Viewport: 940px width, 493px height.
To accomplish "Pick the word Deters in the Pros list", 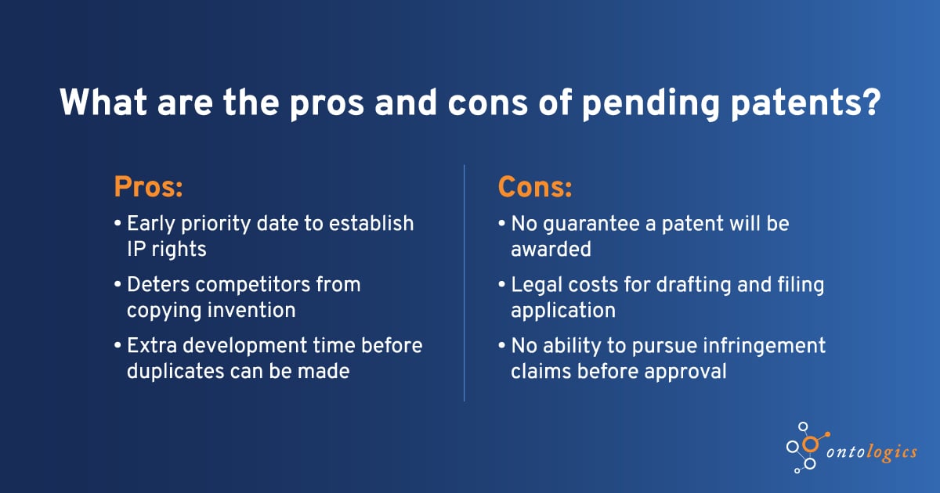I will pyautogui.click(x=159, y=285).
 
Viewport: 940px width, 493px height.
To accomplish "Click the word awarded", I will pyautogui.click(x=551, y=248).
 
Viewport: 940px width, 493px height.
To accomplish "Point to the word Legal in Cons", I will pyautogui.click(x=536, y=285).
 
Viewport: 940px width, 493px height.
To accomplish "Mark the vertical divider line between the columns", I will pyautogui.click(x=465, y=282).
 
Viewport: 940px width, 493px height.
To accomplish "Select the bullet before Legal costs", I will pyautogui.click(x=502, y=286).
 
